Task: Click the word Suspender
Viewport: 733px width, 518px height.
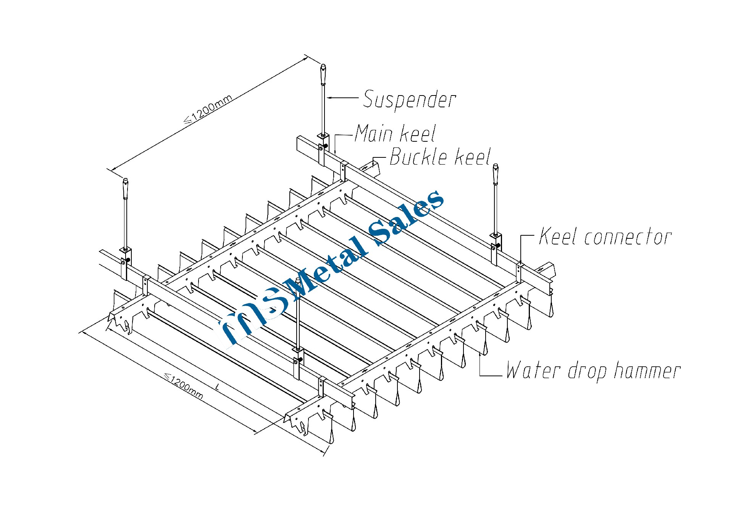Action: [x=409, y=99]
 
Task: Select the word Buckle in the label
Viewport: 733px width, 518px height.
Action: [x=418, y=157]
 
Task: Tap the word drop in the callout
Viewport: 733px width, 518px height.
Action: [x=587, y=371]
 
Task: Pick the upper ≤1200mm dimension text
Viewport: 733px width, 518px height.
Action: [x=208, y=110]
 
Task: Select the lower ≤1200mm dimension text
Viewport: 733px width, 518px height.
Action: [x=184, y=386]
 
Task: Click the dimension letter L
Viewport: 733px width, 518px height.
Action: [x=218, y=387]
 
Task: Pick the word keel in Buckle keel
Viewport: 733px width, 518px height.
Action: [x=472, y=157]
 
